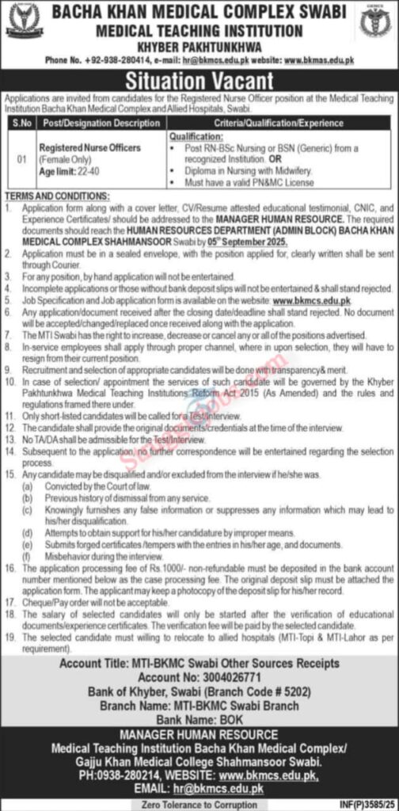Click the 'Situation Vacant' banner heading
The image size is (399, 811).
(199, 81)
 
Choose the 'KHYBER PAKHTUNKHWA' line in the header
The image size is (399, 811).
(199, 45)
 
